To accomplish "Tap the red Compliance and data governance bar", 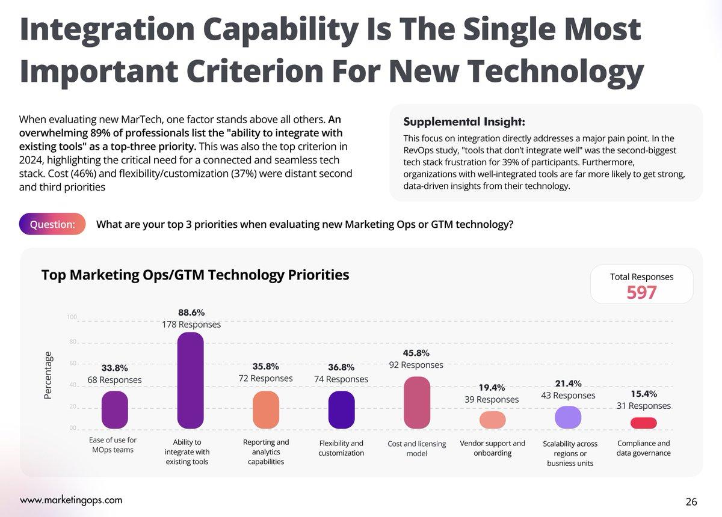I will [x=643, y=423].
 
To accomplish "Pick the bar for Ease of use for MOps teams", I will [x=114, y=410].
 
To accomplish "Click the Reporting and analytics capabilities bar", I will [x=265, y=410].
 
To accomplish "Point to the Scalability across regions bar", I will [x=567, y=417].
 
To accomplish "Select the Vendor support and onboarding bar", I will [x=492, y=420].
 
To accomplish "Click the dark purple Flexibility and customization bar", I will [x=341, y=410].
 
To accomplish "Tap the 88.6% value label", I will [x=191, y=313].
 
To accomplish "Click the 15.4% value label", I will [x=643, y=394].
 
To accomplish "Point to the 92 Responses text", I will [x=416, y=365].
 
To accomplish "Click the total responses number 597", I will [x=641, y=293].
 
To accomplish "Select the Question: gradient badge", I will [x=52, y=224].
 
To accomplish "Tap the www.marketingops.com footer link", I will [x=71, y=500].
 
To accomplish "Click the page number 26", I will [x=691, y=501].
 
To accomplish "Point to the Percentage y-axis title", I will [x=48, y=375].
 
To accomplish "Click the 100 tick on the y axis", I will [x=72, y=317].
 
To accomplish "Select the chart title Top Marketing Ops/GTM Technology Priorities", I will [x=195, y=275].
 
